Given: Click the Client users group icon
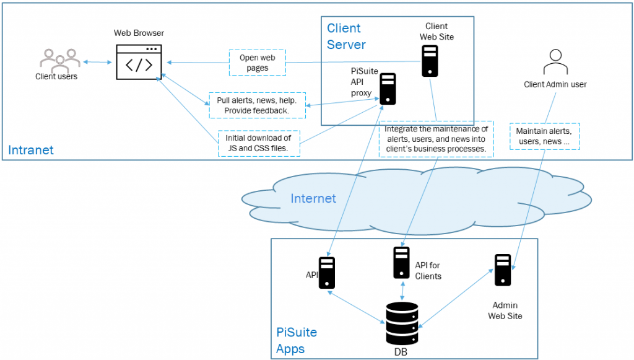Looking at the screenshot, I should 60,58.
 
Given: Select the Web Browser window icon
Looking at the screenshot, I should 139,62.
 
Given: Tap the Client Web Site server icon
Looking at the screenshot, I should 430,61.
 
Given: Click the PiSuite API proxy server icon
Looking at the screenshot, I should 388,89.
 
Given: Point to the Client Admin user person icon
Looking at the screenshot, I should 555,63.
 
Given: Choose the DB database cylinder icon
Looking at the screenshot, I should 402,323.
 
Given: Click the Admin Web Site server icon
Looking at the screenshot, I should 503,270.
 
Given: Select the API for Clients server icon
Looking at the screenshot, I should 401,262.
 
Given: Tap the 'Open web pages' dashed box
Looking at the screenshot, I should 258,63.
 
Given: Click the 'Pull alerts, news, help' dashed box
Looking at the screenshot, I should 257,105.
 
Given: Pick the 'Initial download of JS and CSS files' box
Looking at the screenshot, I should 259,143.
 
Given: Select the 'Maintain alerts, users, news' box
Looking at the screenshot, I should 544,136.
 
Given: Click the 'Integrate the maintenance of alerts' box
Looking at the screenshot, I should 436,139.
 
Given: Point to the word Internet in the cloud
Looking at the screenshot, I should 313,198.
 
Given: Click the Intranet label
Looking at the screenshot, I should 31,150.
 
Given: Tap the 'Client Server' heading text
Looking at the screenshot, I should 346,37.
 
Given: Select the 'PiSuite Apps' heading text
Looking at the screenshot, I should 296,340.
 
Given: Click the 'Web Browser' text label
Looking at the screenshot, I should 139,33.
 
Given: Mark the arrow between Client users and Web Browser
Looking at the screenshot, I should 95,62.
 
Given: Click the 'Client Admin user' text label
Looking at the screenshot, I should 555,84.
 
